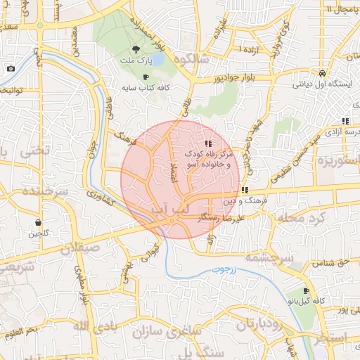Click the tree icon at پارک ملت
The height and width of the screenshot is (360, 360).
pyautogui.click(x=136, y=49)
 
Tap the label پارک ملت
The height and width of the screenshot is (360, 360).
pyautogui.click(x=136, y=61)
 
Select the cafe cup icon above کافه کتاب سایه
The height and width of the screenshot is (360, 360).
pyautogui.click(x=146, y=77)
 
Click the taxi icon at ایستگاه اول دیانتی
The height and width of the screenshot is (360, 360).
pyautogui.click(x=321, y=73)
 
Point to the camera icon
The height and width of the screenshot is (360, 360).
pyautogui.click(x=11, y=68)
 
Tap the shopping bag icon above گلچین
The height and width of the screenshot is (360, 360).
pyautogui.click(x=37, y=222)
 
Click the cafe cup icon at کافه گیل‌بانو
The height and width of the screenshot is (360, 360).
pyautogui.click(x=306, y=291)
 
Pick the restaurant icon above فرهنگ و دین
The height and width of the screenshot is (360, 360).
pyautogui.click(x=244, y=190)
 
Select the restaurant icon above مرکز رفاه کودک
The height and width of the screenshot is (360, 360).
pyautogui.click(x=207, y=143)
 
